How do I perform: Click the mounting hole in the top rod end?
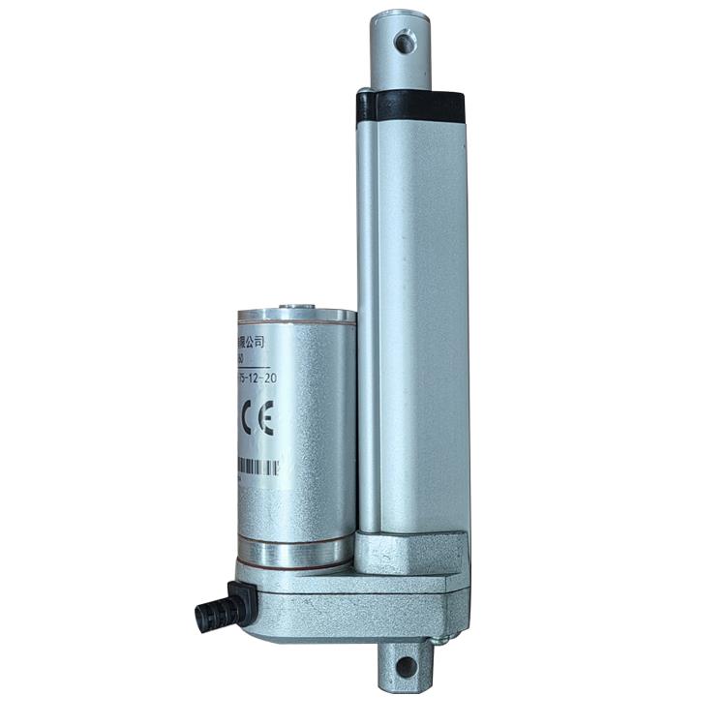pos(404,42)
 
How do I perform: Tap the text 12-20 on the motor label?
pos(259,379)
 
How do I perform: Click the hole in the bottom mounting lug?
pos(406,666)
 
